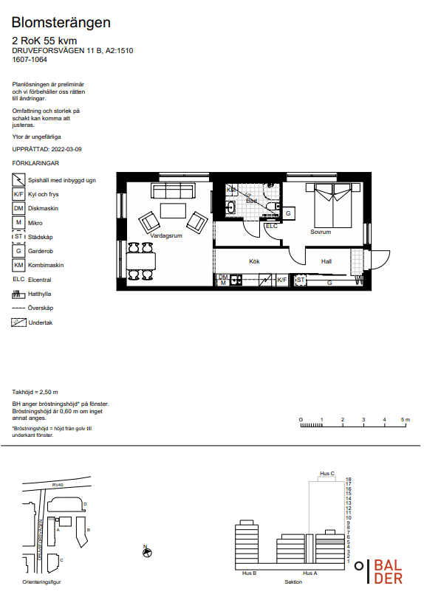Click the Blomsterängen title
[61, 23]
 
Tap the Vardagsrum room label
[166, 235]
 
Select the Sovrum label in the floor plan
[321, 232]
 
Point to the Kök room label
[254, 261]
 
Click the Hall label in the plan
[326, 261]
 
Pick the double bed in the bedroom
[333, 205]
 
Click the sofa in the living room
[172, 190]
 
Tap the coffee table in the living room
[173, 210]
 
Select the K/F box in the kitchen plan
[282, 280]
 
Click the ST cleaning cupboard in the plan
[301, 280]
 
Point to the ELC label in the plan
[272, 226]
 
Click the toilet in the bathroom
[273, 207]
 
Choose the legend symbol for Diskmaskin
[18, 209]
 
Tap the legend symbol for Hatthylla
[18, 294]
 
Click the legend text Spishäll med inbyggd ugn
[61, 180]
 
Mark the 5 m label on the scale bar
[406, 420]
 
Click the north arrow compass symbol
[147, 552]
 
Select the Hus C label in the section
[327, 473]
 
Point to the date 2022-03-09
[66, 149]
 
